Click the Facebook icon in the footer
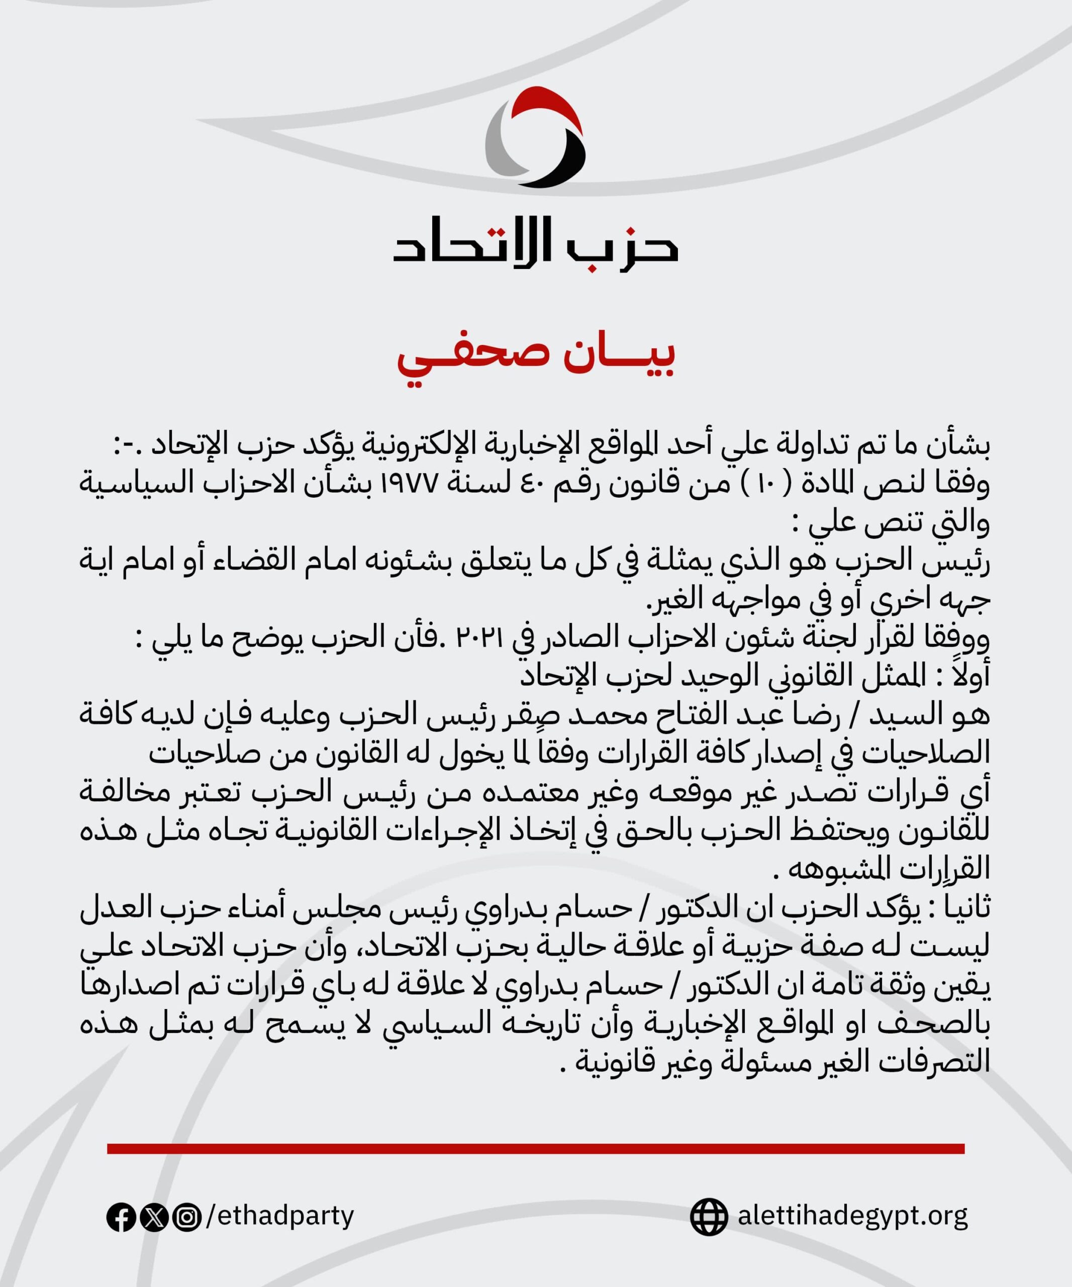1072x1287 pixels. tap(121, 1217)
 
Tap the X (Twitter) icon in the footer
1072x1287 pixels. tap(154, 1217)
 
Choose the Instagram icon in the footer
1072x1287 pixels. tap(186, 1217)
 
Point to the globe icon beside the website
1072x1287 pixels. tap(709, 1217)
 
